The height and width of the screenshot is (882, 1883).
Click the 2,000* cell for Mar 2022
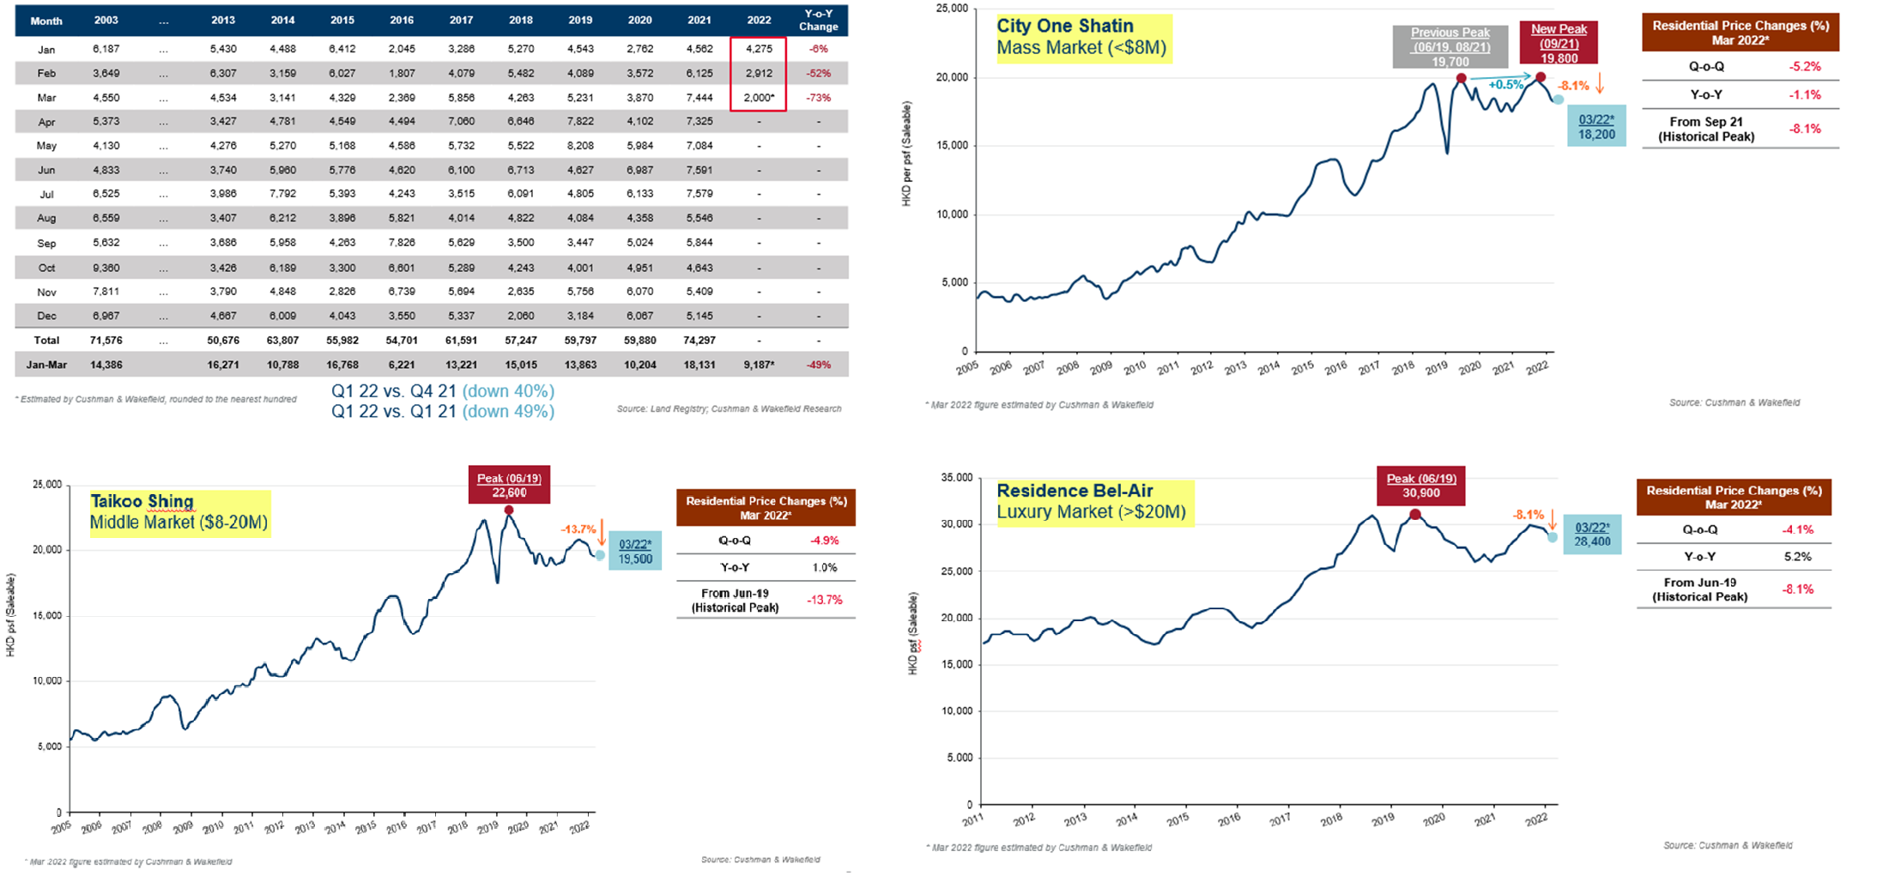(759, 98)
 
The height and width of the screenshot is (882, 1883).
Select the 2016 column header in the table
(402, 20)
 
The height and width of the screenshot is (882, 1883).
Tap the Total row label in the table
(46, 341)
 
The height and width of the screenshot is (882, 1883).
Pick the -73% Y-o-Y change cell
(818, 98)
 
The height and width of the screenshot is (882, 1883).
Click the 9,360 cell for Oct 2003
(106, 268)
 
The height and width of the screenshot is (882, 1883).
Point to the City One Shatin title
(1064, 26)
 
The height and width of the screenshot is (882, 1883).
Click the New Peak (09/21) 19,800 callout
(1559, 43)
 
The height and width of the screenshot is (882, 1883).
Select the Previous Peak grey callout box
(1450, 46)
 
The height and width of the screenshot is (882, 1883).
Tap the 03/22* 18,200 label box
(1596, 127)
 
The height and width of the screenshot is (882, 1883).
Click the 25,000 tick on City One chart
(952, 9)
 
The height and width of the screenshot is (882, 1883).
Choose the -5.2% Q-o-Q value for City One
(1804, 66)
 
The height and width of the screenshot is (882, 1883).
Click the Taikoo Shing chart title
(142, 501)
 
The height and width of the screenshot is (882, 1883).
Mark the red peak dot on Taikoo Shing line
(509, 510)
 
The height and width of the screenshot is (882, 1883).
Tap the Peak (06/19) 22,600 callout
(509, 485)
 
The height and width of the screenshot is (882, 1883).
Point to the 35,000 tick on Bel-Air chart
(958, 478)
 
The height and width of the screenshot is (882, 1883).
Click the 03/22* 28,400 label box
(1592, 535)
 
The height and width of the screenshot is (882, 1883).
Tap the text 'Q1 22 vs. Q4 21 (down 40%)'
(443, 391)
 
